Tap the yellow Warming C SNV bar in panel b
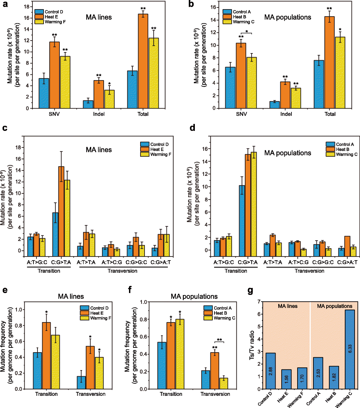tap(251, 82)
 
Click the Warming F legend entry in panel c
tap(159, 154)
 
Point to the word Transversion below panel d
tap(309, 271)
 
